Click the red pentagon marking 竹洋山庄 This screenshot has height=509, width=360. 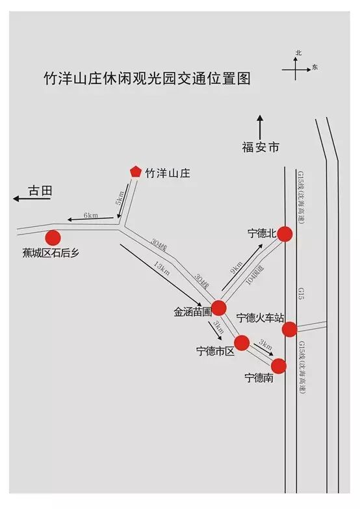[x=135, y=172]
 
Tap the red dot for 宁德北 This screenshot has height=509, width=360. [x=285, y=234]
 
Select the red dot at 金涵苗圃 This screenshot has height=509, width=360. [x=218, y=307]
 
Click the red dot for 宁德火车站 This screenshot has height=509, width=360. [x=289, y=329]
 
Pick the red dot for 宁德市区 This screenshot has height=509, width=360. [x=242, y=343]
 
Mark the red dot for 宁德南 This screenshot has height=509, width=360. [x=279, y=366]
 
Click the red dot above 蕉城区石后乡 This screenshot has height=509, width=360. [x=53, y=238]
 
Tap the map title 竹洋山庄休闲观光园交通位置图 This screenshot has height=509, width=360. [x=147, y=79]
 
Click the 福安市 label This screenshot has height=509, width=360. [x=261, y=148]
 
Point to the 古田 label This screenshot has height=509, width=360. [x=40, y=191]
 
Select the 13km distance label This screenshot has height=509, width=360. [x=162, y=268]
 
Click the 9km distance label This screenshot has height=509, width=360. [x=237, y=267]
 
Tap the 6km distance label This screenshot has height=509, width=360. [x=90, y=215]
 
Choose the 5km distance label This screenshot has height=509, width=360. [x=120, y=198]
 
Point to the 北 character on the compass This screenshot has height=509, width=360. [x=298, y=53]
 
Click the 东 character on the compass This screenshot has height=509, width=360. [x=315, y=67]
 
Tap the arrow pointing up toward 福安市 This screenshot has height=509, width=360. [x=260, y=127]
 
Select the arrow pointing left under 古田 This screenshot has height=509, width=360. [x=31, y=199]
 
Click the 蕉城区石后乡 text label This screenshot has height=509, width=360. [x=51, y=253]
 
